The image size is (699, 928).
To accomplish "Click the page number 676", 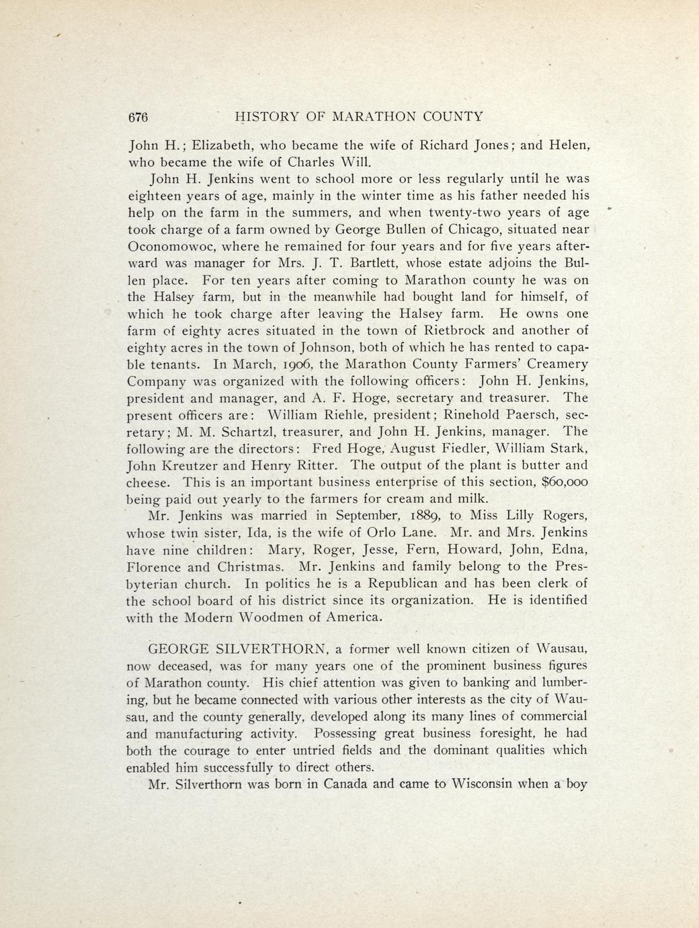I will [138, 116].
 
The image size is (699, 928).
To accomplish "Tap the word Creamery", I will [556, 364].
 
